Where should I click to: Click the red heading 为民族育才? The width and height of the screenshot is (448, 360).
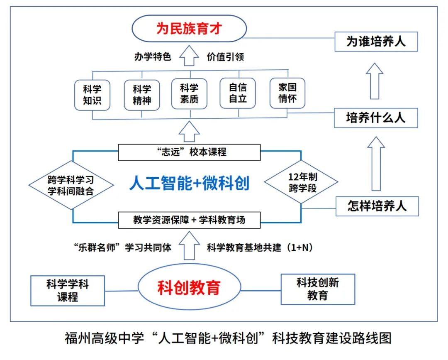[x=189, y=29]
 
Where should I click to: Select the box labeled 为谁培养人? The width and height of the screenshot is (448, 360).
[x=376, y=42]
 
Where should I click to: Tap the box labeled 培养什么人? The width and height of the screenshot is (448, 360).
[x=376, y=118]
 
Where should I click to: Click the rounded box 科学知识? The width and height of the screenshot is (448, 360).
[x=92, y=95]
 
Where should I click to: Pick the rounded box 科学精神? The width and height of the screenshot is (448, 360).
[x=142, y=95]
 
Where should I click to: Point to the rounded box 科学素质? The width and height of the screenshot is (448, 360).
[x=189, y=94]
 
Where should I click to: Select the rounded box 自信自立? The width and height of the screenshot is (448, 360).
[x=237, y=93]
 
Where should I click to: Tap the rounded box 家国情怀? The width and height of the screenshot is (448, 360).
[x=287, y=94]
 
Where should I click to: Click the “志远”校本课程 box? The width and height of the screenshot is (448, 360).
[x=189, y=152]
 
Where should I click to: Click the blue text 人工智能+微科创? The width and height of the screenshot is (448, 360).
[x=189, y=183]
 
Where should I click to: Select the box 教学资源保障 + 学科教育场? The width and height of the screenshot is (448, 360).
[x=189, y=220]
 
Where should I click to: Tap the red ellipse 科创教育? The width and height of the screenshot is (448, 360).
[x=189, y=287]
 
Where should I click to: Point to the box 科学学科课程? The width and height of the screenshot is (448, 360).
[x=68, y=290]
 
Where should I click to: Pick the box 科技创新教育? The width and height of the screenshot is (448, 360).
[x=318, y=289]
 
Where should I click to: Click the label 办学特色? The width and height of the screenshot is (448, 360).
[x=153, y=57]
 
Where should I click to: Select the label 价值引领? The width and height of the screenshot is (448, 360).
[x=225, y=57]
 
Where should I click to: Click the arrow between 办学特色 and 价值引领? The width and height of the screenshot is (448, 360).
[x=190, y=56]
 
